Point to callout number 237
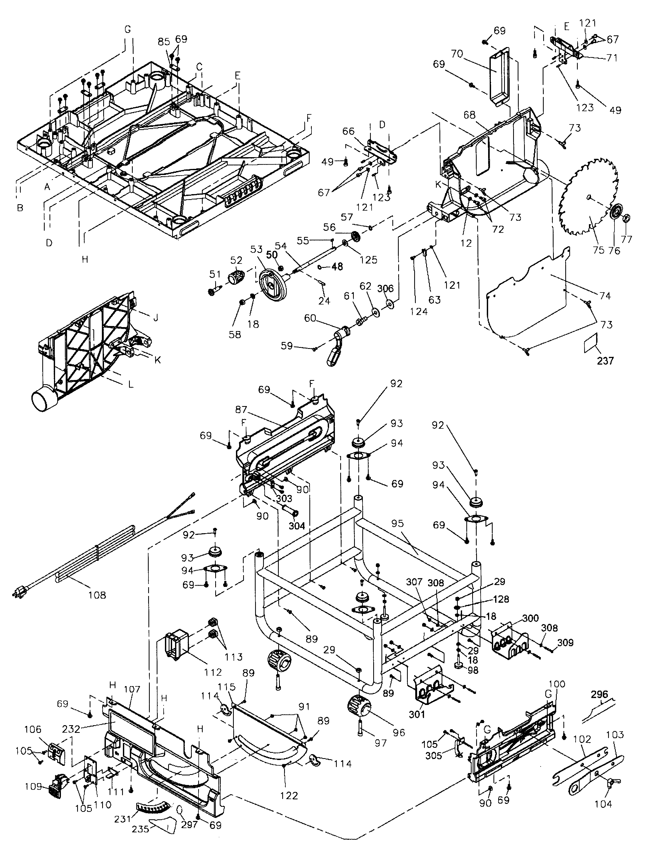point(605,361)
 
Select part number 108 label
point(97,595)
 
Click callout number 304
point(297,526)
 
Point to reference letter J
point(156,318)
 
